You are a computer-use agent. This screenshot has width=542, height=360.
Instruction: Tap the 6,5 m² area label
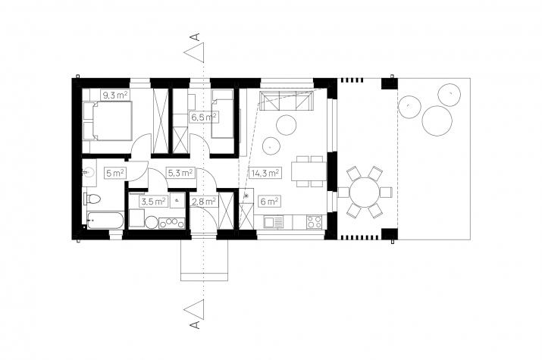[204, 117]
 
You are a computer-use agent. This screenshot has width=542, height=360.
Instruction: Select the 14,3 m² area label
[265, 173]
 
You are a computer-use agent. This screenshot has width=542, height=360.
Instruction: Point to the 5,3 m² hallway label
[180, 173]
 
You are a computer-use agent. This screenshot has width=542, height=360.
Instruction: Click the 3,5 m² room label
[153, 201]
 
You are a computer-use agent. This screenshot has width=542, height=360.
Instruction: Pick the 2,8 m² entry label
[204, 201]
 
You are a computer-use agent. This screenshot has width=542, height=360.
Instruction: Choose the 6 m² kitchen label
[270, 201]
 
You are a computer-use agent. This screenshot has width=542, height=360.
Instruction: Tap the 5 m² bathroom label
[115, 173]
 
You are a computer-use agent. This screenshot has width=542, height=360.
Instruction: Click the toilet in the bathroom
[92, 199]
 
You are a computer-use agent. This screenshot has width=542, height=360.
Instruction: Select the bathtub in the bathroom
[105, 220]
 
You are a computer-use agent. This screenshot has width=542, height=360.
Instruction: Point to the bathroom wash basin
[89, 172]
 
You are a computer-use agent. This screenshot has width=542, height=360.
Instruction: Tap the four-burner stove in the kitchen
[315, 222]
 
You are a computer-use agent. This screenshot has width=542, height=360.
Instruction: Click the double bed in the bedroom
[108, 121]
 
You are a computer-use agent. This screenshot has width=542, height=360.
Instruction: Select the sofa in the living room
[287, 101]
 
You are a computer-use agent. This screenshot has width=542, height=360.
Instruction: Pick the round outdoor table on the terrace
[365, 192]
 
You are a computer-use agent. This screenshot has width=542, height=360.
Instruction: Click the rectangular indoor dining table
[309, 171]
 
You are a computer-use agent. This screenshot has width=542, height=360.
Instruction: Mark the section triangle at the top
[194, 52]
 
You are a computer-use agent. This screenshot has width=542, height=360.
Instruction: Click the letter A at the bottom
[196, 324]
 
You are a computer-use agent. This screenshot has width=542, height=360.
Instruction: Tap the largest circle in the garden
[437, 121]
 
